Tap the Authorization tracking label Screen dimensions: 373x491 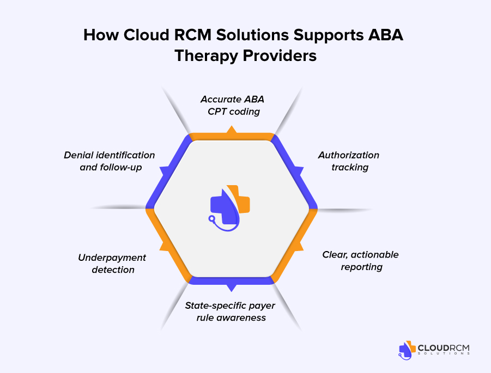click(349, 161)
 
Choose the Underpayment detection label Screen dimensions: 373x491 click(112, 263)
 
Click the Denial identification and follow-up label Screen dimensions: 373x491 click(110, 161)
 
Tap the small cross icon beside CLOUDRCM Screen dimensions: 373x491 click(406, 350)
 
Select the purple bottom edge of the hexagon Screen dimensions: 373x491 click(232, 280)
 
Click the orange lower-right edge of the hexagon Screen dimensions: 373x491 click(294, 245)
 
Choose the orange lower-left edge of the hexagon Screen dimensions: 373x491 click(168, 245)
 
